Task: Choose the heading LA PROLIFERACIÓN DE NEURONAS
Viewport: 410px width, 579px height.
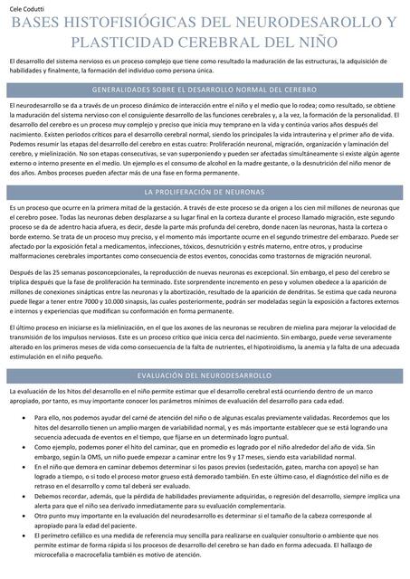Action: (204, 193)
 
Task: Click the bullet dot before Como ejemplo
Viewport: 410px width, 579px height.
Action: (14, 421)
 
